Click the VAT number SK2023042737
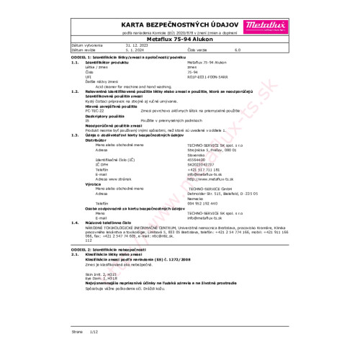click(x=202, y=162)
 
